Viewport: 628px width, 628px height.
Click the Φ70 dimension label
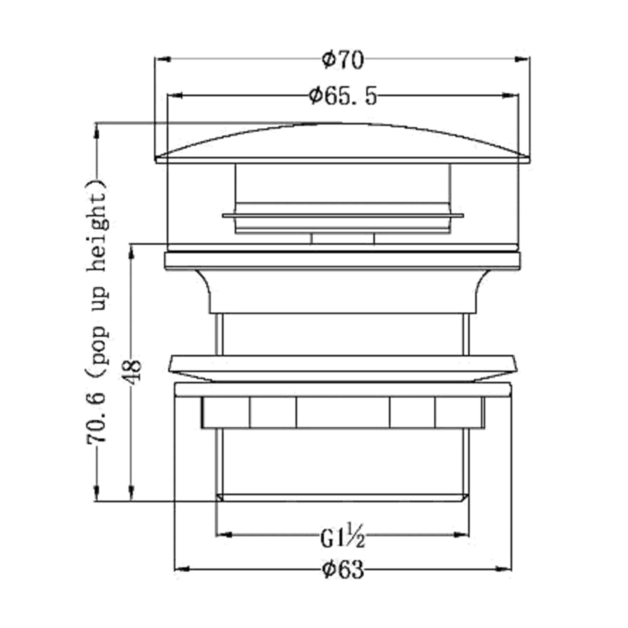coord(343,61)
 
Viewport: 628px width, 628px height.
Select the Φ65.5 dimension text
coord(343,96)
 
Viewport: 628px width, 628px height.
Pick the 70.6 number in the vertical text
coord(97,420)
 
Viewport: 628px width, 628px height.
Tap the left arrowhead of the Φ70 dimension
coord(163,59)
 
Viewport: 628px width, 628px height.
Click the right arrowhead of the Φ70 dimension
coord(522,59)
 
